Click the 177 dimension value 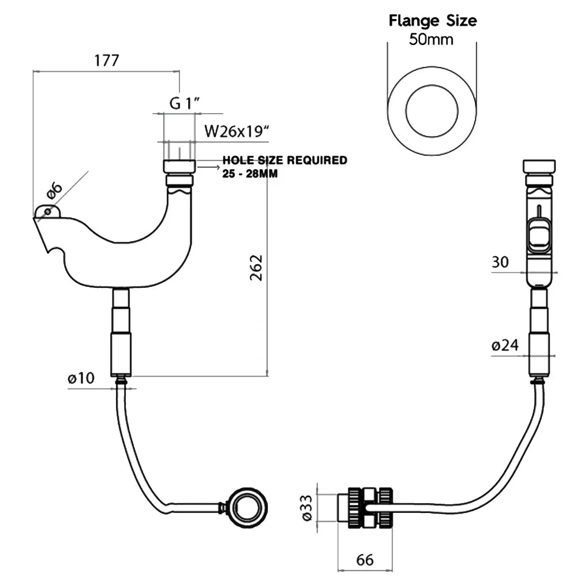click(x=107, y=61)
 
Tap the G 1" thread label click(x=185, y=103)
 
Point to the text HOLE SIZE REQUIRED click(x=285, y=160)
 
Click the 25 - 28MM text click(x=250, y=173)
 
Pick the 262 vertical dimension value click(x=256, y=268)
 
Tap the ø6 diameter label click(x=54, y=190)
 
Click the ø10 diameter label click(x=81, y=378)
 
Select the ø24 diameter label click(x=505, y=345)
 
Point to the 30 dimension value click(x=500, y=262)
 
